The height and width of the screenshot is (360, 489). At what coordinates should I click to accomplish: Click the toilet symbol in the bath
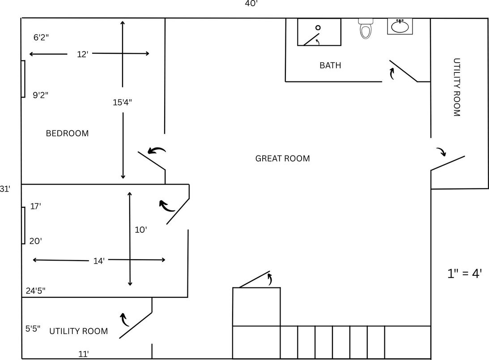[366, 29]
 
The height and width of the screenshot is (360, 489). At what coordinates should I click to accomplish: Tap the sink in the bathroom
[400, 27]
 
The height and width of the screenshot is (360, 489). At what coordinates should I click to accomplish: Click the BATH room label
[330, 65]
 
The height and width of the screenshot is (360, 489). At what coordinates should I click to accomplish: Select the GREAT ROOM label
[282, 159]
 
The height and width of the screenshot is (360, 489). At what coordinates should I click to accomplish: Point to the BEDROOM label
[67, 133]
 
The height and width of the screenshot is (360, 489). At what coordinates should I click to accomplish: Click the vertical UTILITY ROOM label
[457, 87]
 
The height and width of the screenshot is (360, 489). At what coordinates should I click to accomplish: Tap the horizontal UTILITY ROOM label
[78, 331]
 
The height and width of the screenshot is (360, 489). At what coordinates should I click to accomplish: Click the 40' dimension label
[251, 4]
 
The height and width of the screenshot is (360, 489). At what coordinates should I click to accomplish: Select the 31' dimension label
[5, 189]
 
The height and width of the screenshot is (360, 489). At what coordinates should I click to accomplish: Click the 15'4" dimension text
[122, 102]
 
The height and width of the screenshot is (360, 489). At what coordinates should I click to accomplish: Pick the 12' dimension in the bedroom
[83, 55]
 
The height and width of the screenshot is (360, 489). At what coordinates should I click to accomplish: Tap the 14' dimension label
[99, 261]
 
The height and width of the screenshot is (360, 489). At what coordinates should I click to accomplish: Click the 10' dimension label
[141, 230]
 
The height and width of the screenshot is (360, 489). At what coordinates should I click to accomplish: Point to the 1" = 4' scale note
[464, 274]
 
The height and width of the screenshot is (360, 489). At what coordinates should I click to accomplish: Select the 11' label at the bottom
[83, 354]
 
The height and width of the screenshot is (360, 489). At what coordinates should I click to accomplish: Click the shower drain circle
[318, 28]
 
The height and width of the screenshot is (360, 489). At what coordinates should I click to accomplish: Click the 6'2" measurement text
[41, 38]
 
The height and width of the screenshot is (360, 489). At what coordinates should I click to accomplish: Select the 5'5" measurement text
[33, 328]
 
